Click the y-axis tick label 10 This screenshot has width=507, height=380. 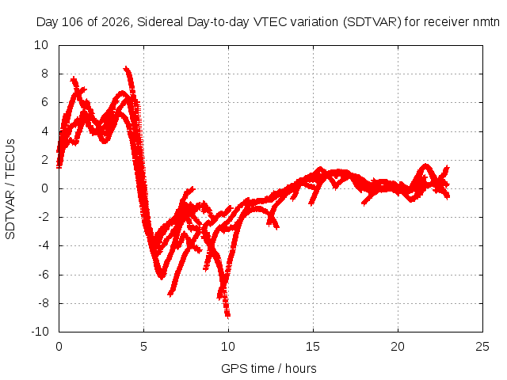(41, 45)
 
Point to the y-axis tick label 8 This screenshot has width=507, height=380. (44, 74)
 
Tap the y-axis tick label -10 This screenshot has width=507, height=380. (40, 332)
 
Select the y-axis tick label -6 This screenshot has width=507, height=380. (44, 275)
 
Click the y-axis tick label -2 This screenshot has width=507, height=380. (44, 217)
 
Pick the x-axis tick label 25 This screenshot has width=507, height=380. (482, 347)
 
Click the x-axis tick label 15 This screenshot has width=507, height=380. (313, 347)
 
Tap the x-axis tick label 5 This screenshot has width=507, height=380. (143, 347)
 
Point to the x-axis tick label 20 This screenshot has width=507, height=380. (398, 347)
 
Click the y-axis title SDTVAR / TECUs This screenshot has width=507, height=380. (10, 189)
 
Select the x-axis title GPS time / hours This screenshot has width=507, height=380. (269, 369)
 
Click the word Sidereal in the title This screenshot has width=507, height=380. (160, 22)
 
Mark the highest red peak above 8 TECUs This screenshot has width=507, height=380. (126, 68)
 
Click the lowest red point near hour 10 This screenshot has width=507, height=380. (228, 316)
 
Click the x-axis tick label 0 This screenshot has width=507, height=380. (59, 347)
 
